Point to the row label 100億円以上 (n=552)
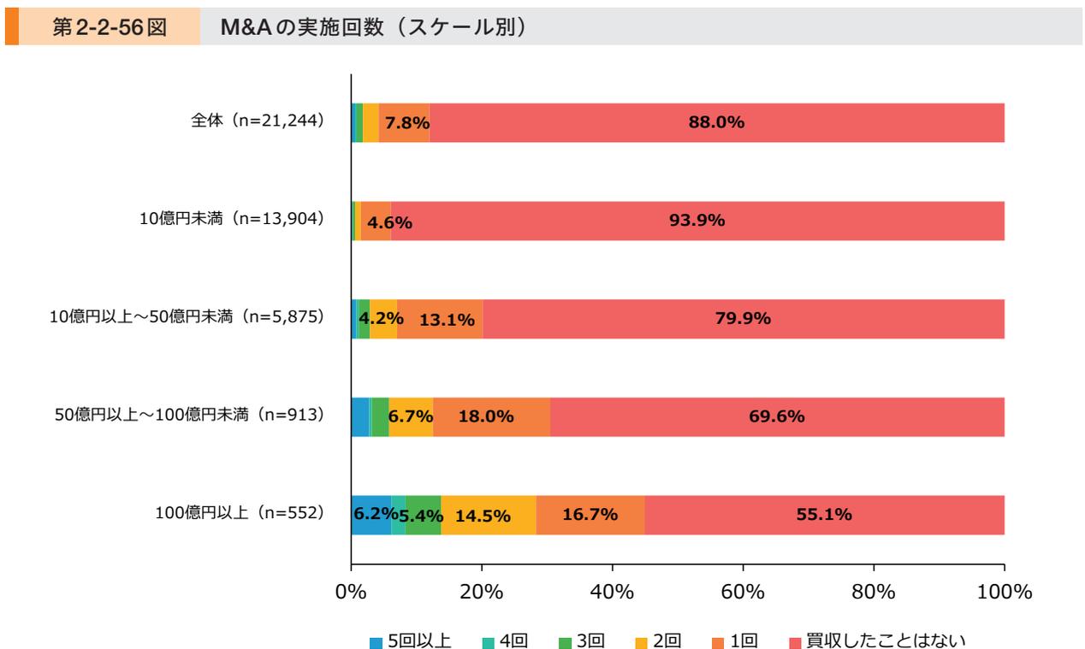(x=234, y=514)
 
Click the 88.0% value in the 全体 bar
(x=716, y=122)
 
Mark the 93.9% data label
(x=697, y=221)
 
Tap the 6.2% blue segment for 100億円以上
(x=371, y=515)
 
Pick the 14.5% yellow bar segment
(x=483, y=516)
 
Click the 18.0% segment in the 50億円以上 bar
(x=486, y=417)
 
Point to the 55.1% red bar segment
(x=823, y=515)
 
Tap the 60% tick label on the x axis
(x=743, y=592)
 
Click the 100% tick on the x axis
(x=1003, y=592)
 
